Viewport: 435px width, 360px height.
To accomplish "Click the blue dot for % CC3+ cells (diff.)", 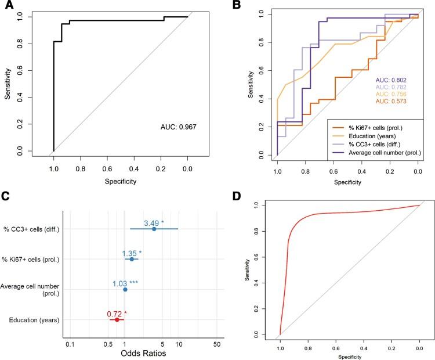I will click(x=154, y=229).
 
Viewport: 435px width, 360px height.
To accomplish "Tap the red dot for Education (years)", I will click(x=117, y=319).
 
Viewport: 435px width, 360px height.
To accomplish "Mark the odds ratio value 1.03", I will click(x=121, y=283).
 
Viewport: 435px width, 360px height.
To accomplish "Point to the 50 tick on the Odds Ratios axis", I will click(x=217, y=343).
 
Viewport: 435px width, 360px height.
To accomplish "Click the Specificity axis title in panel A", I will click(x=121, y=181).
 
